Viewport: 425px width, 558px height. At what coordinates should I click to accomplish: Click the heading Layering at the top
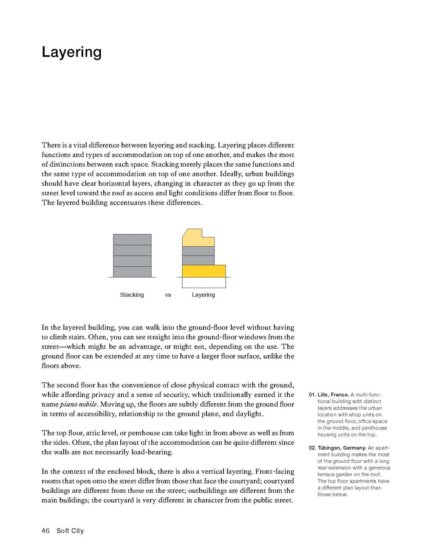click(71, 52)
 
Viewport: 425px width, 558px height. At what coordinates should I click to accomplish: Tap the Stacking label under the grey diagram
click(132, 295)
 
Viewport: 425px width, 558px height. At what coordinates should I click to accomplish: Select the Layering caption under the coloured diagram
click(203, 295)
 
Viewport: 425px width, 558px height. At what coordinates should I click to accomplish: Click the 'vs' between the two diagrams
click(168, 295)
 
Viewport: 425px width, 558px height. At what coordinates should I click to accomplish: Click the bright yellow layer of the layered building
click(204, 271)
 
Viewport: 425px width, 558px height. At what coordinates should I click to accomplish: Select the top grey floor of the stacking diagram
click(132, 239)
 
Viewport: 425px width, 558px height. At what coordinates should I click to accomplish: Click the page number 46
click(45, 531)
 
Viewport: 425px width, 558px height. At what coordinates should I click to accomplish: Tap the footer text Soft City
click(70, 531)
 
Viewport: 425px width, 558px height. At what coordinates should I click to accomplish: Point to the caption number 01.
click(312, 395)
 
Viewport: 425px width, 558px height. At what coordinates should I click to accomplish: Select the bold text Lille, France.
click(333, 395)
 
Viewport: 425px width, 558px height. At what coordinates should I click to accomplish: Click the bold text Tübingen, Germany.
click(342, 448)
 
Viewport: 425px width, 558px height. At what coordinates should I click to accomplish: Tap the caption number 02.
click(312, 448)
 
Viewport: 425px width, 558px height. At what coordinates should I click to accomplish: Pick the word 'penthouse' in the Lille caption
click(373, 428)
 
